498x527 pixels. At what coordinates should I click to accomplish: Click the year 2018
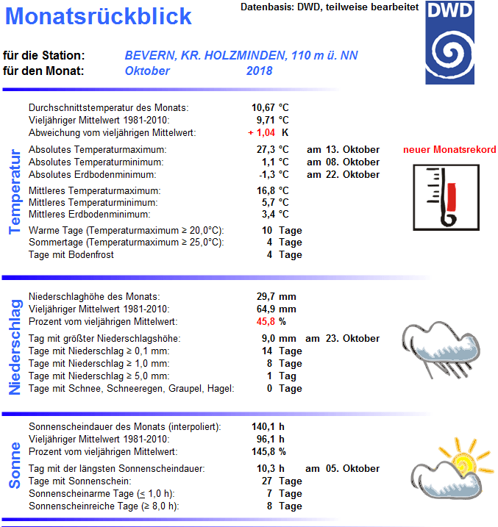point(259,71)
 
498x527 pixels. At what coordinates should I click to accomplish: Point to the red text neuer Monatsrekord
point(449,150)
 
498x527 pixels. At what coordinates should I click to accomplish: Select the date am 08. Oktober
point(343,162)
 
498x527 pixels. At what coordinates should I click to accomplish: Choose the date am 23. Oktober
point(343,339)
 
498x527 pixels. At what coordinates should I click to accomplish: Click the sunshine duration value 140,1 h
point(269,427)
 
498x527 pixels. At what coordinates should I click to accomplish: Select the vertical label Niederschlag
point(15,346)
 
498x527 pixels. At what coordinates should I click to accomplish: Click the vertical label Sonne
point(15,465)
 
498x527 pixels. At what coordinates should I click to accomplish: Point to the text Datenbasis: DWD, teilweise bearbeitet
point(330,7)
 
